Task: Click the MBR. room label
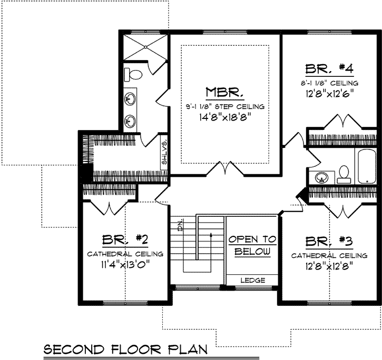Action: [224, 93]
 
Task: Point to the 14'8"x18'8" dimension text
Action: [224, 118]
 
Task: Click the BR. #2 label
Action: [125, 240]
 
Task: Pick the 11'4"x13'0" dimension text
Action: [125, 264]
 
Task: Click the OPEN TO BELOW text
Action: [252, 245]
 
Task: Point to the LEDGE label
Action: [252, 281]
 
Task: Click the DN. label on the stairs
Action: [180, 227]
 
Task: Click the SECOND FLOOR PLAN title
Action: [125, 349]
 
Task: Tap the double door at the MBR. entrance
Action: [226, 168]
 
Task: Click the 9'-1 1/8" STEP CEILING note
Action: [224, 106]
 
